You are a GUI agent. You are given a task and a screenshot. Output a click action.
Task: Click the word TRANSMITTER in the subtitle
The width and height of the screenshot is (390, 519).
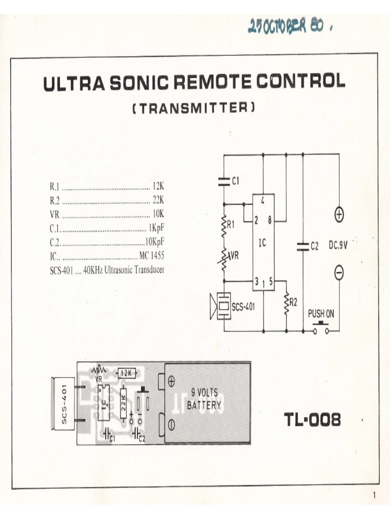tap(194, 108)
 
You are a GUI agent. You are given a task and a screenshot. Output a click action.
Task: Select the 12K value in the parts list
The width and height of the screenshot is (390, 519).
tap(158, 186)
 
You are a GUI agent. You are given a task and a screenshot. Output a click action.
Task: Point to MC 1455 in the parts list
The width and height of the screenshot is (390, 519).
tap(151, 255)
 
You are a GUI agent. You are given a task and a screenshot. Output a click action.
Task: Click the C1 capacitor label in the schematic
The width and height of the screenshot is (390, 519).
tap(235, 180)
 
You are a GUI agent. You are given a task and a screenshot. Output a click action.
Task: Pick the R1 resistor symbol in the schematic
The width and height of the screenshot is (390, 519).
tap(224, 225)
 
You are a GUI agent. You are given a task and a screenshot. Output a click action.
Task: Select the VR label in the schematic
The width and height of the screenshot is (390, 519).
tap(234, 256)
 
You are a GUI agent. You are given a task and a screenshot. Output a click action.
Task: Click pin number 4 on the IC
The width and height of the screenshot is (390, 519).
tap(263, 201)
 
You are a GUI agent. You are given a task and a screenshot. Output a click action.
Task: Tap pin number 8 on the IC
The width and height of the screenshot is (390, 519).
tap(269, 220)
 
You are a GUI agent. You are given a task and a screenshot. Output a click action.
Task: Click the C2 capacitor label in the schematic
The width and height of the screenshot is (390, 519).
tap(314, 246)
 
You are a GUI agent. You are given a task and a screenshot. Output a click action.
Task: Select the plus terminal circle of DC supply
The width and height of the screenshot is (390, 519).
tap(339, 215)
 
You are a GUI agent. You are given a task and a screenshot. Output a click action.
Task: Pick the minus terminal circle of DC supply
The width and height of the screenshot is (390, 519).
tap(339, 273)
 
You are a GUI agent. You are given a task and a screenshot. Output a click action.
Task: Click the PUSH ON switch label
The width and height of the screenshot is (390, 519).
tap(321, 314)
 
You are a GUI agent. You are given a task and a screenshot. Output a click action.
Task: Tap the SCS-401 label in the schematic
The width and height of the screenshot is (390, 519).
tap(244, 307)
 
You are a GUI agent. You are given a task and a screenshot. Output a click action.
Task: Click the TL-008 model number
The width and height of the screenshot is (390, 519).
tap(312, 419)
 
